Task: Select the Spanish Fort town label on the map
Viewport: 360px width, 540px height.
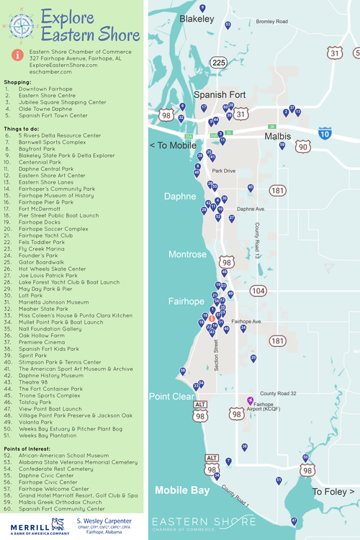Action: click(x=220, y=94)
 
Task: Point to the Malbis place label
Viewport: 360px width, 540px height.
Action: click(x=277, y=135)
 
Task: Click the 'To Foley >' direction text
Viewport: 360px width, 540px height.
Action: click(x=333, y=492)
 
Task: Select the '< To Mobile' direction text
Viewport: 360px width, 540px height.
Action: click(x=173, y=145)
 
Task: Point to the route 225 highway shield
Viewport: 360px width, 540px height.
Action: click(x=219, y=63)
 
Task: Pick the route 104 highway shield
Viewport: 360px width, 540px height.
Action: click(x=258, y=291)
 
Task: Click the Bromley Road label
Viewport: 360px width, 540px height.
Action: click(x=271, y=22)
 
